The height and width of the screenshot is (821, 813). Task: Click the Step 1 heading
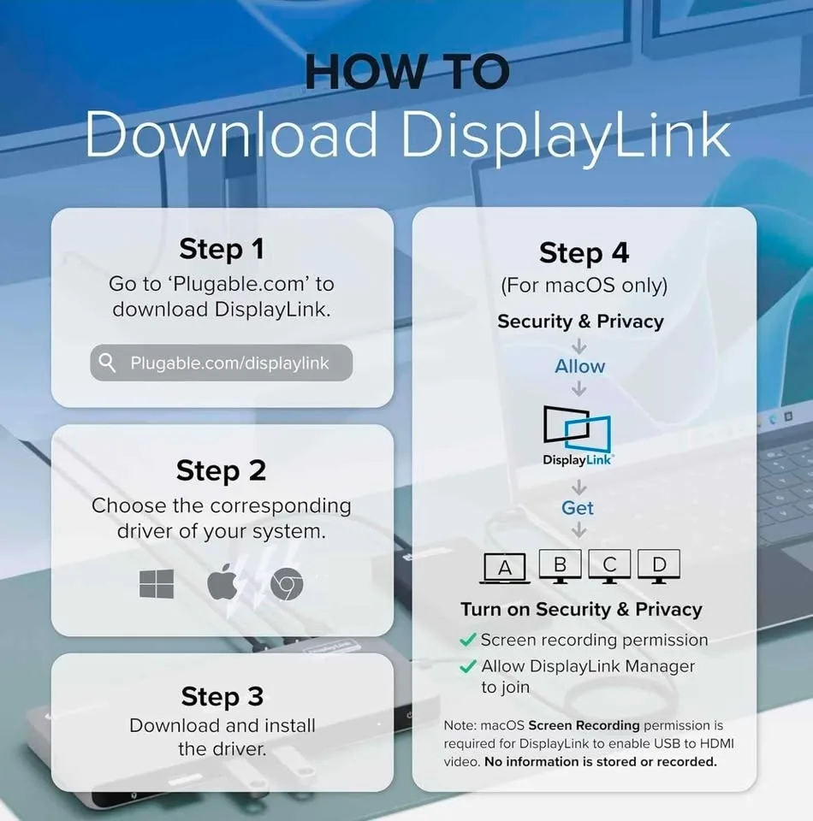click(x=222, y=249)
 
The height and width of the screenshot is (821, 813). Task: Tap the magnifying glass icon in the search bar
click(x=108, y=363)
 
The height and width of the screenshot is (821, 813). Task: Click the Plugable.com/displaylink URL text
click(x=229, y=363)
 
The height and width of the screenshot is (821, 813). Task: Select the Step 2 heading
click(x=221, y=470)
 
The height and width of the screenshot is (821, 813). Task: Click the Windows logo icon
click(x=157, y=584)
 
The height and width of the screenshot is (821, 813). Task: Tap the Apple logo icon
click(x=222, y=583)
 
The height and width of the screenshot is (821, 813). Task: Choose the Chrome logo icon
click(x=287, y=585)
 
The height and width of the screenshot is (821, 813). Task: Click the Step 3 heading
click(x=222, y=696)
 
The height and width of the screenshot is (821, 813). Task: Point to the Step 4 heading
click(x=584, y=253)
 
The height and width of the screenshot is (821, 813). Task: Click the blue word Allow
click(x=579, y=366)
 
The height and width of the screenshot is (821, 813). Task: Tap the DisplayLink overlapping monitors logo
click(x=579, y=430)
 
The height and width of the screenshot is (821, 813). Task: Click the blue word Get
click(x=578, y=508)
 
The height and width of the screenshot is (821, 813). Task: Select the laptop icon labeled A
click(x=505, y=569)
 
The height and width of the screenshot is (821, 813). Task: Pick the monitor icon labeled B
click(x=561, y=565)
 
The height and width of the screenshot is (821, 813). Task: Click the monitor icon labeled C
click(x=609, y=565)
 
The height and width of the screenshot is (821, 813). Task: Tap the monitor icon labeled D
click(x=659, y=565)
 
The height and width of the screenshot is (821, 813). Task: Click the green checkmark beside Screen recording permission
click(x=468, y=640)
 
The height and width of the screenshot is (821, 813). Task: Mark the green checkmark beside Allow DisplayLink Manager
click(x=468, y=666)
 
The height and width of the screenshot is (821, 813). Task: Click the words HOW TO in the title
click(x=407, y=74)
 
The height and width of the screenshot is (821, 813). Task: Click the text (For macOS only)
click(x=584, y=286)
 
